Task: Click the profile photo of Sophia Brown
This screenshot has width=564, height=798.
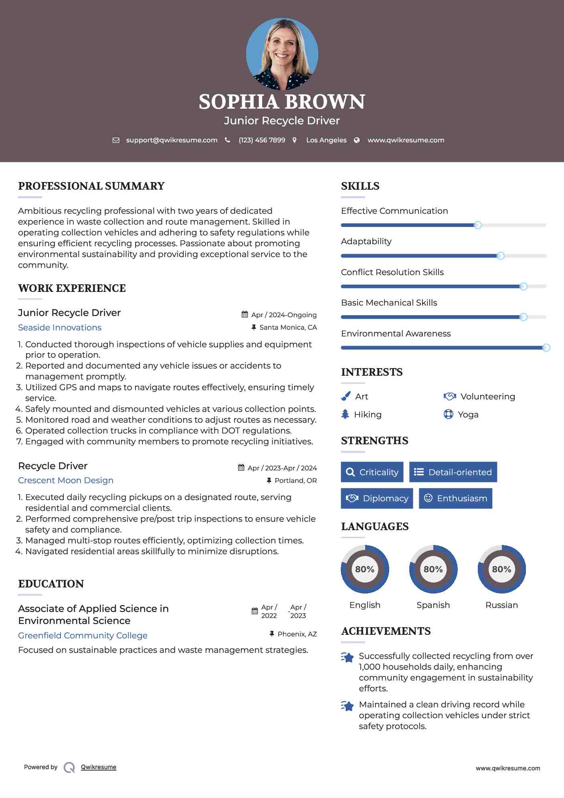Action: pyautogui.click(x=282, y=54)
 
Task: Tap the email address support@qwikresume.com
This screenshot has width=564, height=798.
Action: pyautogui.click(x=172, y=140)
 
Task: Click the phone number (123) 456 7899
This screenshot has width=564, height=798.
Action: pyautogui.click(x=262, y=140)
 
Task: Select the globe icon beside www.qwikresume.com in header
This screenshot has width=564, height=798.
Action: pyautogui.click(x=357, y=140)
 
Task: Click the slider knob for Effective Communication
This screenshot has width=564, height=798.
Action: pyautogui.click(x=477, y=225)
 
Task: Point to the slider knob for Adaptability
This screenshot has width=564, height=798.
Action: pyautogui.click(x=500, y=256)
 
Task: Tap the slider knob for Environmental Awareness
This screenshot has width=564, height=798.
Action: pyautogui.click(x=546, y=348)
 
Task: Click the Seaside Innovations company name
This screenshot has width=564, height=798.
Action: pyautogui.click(x=60, y=328)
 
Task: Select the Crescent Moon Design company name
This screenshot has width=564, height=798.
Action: pyautogui.click(x=66, y=480)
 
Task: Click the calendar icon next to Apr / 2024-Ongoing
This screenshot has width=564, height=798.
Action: pyautogui.click(x=245, y=314)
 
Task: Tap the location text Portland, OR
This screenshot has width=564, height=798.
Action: pyautogui.click(x=295, y=480)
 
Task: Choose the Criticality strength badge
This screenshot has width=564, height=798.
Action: pyautogui.click(x=372, y=472)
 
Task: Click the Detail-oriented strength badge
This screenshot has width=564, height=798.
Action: pyautogui.click(x=453, y=472)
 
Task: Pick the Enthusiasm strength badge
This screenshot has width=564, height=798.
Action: pyautogui.click(x=455, y=498)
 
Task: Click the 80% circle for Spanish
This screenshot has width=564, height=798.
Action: pyautogui.click(x=433, y=569)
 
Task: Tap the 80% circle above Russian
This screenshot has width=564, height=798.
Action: pyautogui.click(x=501, y=569)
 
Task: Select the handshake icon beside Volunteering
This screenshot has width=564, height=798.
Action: pyautogui.click(x=450, y=396)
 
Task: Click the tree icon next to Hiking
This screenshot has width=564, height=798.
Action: pyautogui.click(x=345, y=414)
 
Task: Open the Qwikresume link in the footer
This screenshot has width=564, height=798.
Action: pyautogui.click(x=99, y=767)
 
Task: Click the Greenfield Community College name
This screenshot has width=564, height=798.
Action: pyautogui.click(x=83, y=635)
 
